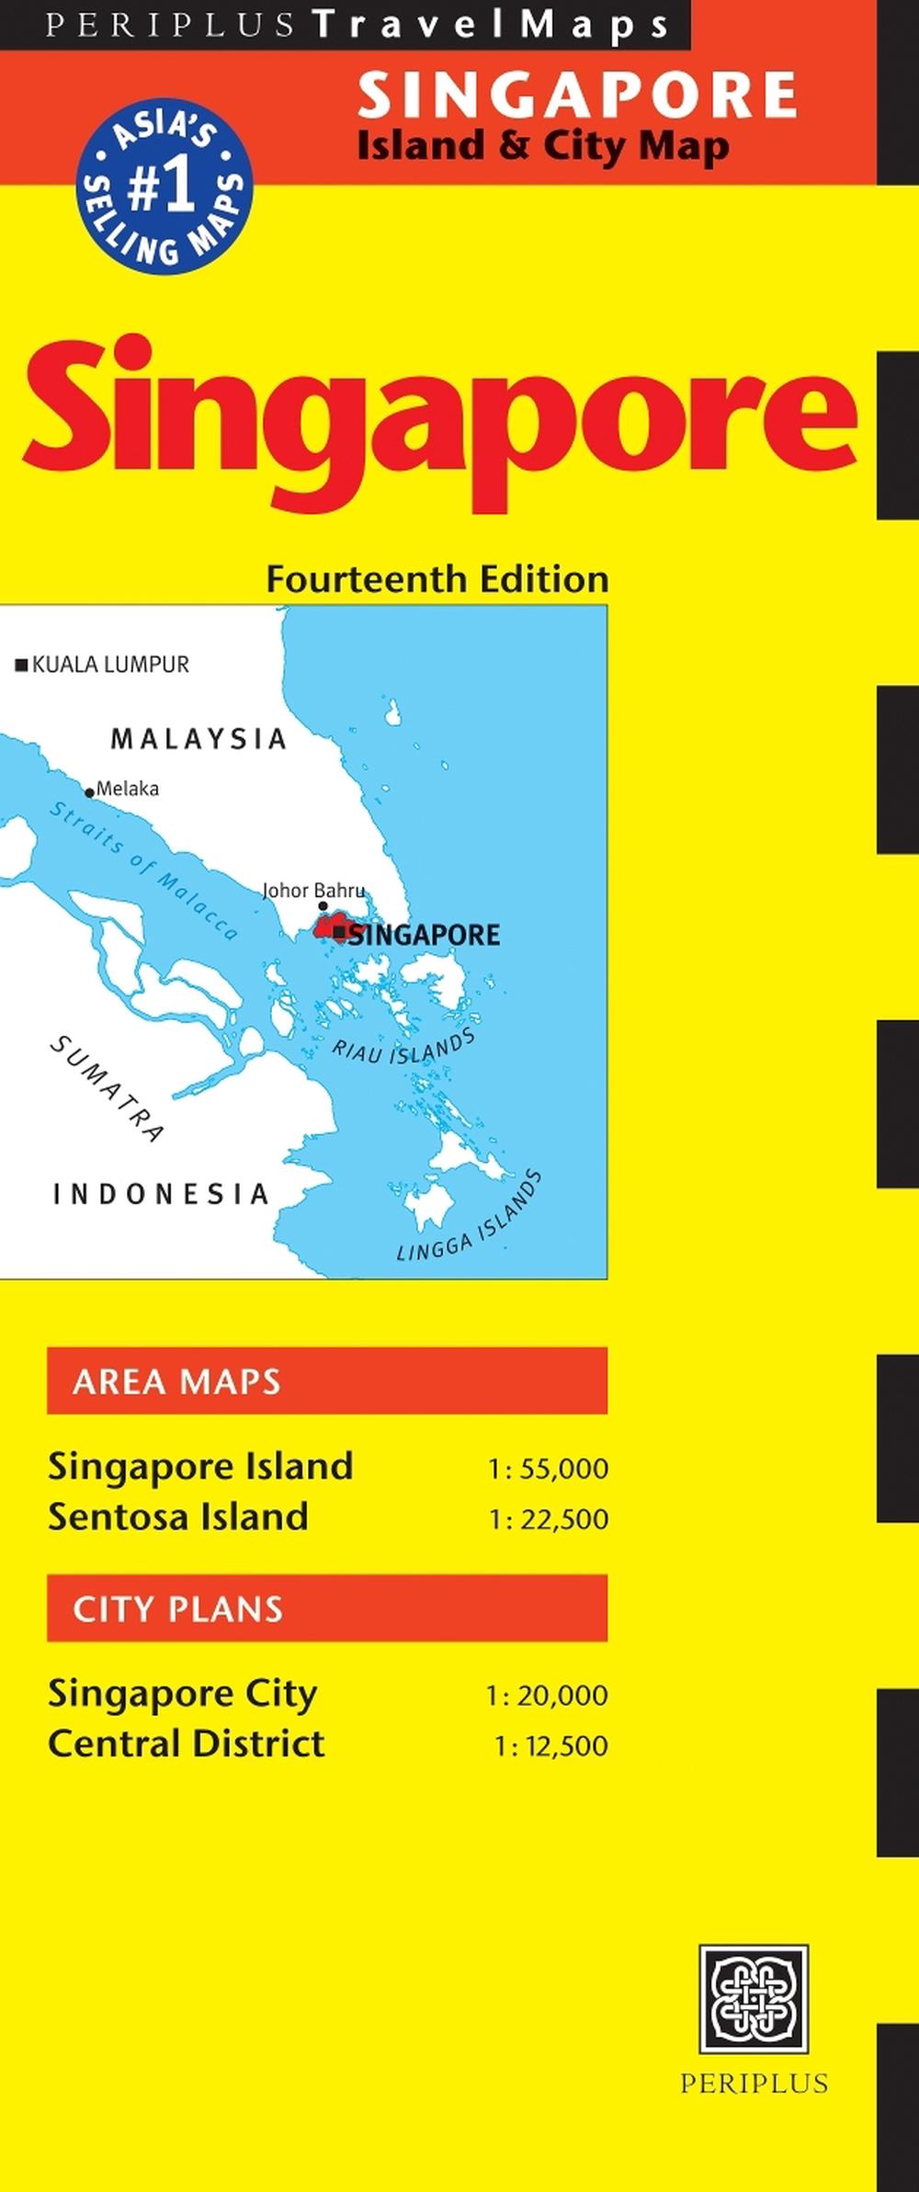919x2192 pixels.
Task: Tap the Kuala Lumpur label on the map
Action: [x=109, y=664]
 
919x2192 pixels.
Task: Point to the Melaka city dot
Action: [x=89, y=792]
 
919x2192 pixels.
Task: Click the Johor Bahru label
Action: [x=313, y=890]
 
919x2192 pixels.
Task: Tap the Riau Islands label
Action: [x=403, y=1048]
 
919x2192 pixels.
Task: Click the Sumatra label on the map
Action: [x=107, y=1088]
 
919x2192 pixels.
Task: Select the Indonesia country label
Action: [x=162, y=1194]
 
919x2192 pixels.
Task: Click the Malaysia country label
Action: [x=199, y=739]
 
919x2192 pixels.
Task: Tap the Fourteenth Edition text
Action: [x=437, y=580]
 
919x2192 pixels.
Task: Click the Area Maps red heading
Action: [x=327, y=1380]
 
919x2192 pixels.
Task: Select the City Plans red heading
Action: [x=327, y=1608]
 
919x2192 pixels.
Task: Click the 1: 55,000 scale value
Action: [x=548, y=1469]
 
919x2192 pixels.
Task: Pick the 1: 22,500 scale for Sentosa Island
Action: [x=548, y=1519]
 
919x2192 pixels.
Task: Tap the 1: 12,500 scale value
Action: [x=550, y=1746]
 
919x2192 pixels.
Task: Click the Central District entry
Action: [x=187, y=1743]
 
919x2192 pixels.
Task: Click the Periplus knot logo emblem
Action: [x=754, y=1998]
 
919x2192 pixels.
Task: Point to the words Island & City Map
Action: [x=543, y=146]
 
